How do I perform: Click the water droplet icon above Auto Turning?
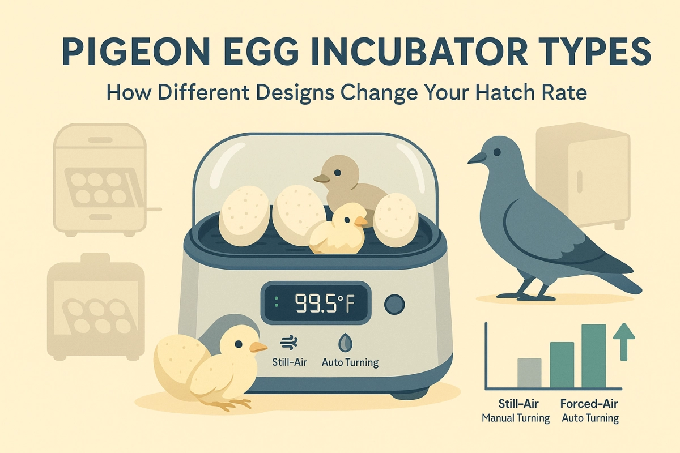(x=344, y=343)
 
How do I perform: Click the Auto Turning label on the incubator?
(x=350, y=362)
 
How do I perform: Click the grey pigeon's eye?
(x=497, y=152)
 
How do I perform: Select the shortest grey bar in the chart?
(x=530, y=373)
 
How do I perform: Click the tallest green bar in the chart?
(x=593, y=356)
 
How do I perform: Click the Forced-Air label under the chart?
(x=590, y=404)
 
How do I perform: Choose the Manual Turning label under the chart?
(x=516, y=418)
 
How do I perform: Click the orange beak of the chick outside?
(x=258, y=347)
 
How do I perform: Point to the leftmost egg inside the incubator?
(x=244, y=217)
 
